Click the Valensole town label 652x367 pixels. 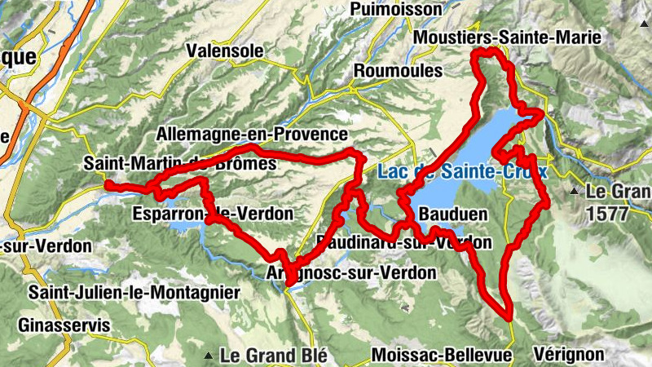pos(225,51)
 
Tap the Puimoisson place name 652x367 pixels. pos(393,9)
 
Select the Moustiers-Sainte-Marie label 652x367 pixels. pos(507,38)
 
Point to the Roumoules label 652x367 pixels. pos(398,71)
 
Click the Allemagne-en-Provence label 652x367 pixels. pos(251,134)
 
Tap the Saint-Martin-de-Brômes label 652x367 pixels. pos(179,164)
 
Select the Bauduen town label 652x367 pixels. pos(452,214)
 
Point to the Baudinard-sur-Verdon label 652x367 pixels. pos(403,242)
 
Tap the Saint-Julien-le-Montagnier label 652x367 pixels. pos(134,292)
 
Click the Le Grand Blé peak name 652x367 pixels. pos(273,356)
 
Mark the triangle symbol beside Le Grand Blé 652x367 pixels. pos(209,356)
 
